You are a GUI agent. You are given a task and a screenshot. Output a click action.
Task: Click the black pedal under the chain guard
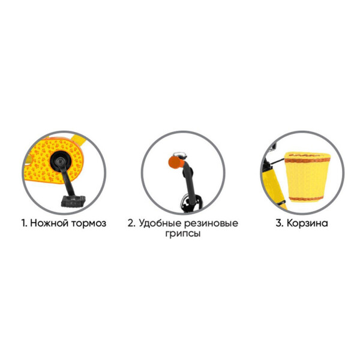(73, 201)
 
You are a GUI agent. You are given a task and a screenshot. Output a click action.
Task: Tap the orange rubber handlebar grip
(176, 162)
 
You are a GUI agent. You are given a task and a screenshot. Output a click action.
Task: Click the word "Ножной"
(49, 223)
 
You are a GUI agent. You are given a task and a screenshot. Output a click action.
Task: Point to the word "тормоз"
(89, 224)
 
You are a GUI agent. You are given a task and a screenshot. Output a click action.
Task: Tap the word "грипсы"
(183, 234)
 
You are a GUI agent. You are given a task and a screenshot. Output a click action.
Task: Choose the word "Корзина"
(307, 223)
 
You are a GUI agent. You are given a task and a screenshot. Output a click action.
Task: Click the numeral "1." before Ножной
(24, 223)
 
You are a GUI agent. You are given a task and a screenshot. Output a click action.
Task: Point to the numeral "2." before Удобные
(131, 223)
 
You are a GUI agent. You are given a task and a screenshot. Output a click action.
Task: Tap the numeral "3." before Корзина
(280, 223)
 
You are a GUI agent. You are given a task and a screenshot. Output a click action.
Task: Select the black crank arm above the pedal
(67, 179)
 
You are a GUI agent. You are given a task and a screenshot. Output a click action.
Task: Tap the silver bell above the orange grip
(180, 154)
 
